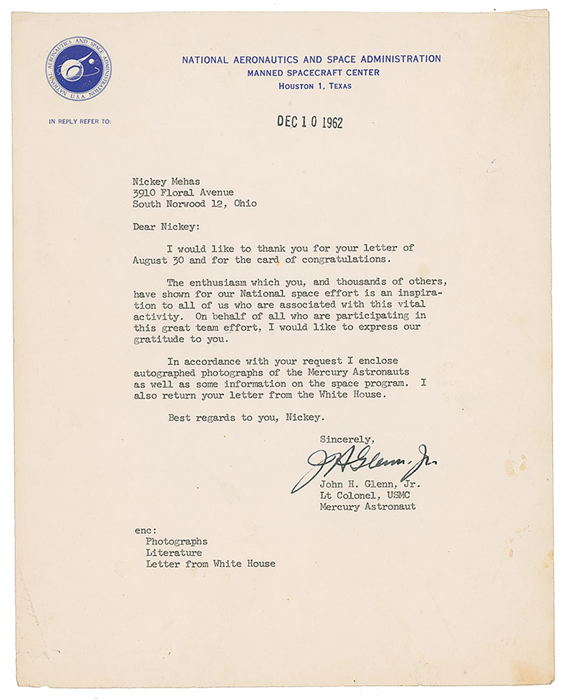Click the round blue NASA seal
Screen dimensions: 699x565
pos(78,69)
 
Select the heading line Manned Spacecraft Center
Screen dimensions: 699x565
pos(311,73)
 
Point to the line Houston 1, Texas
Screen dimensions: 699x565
pos(315,86)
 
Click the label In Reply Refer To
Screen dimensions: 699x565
pos(79,122)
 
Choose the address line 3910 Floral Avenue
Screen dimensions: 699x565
pos(183,192)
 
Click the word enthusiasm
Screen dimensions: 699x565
pos(220,282)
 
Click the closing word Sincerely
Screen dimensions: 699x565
pos(347,439)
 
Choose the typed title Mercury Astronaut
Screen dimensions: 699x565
pos(368,506)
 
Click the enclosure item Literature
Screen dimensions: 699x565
pos(174,552)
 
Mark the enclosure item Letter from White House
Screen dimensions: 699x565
pos(210,563)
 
